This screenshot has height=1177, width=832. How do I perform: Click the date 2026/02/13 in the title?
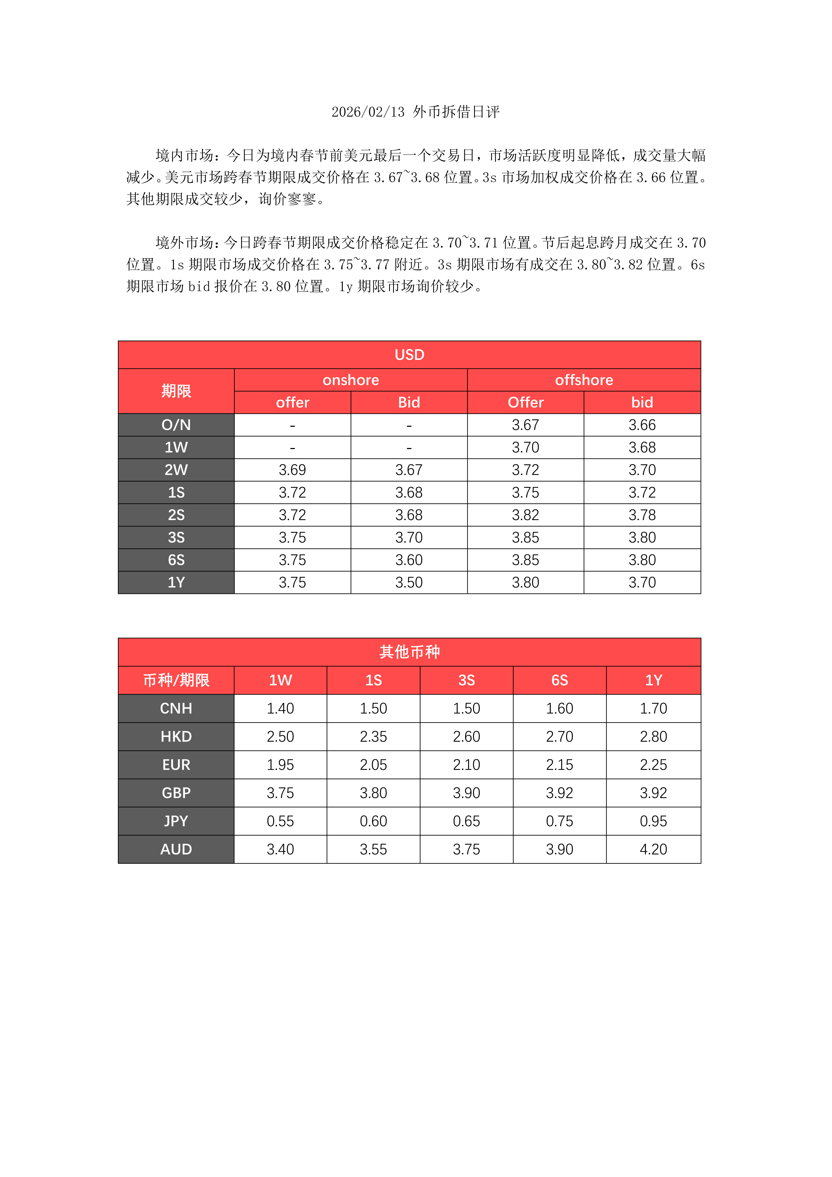click(x=368, y=112)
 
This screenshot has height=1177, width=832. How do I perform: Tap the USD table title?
click(x=409, y=355)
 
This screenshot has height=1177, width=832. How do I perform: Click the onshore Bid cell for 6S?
click(x=409, y=560)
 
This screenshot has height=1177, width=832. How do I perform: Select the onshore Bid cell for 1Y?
click(x=409, y=582)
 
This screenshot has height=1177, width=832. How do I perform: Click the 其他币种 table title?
click(x=409, y=652)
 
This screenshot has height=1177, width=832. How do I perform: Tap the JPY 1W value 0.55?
click(x=280, y=821)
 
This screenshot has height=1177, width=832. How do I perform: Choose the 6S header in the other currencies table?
click(x=559, y=680)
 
